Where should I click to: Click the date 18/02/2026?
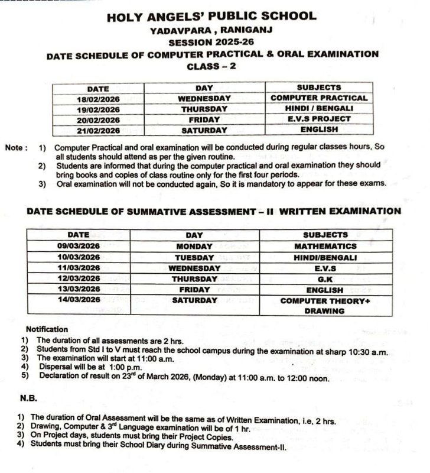pos(98,99)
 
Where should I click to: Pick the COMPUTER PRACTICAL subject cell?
pos(319,98)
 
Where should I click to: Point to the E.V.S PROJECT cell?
pos(319,119)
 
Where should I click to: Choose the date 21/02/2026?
pos(98,130)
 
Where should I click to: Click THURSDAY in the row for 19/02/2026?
pos(204,109)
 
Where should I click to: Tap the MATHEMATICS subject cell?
pos(325,246)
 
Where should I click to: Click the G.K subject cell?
pos(325,278)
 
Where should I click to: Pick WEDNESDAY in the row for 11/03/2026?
pos(194,268)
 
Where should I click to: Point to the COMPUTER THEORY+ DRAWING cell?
pos(325,306)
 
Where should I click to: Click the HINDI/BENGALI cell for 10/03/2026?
pos(325,257)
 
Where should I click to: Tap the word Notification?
pos(47,329)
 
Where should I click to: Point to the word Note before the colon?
pos(14,147)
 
